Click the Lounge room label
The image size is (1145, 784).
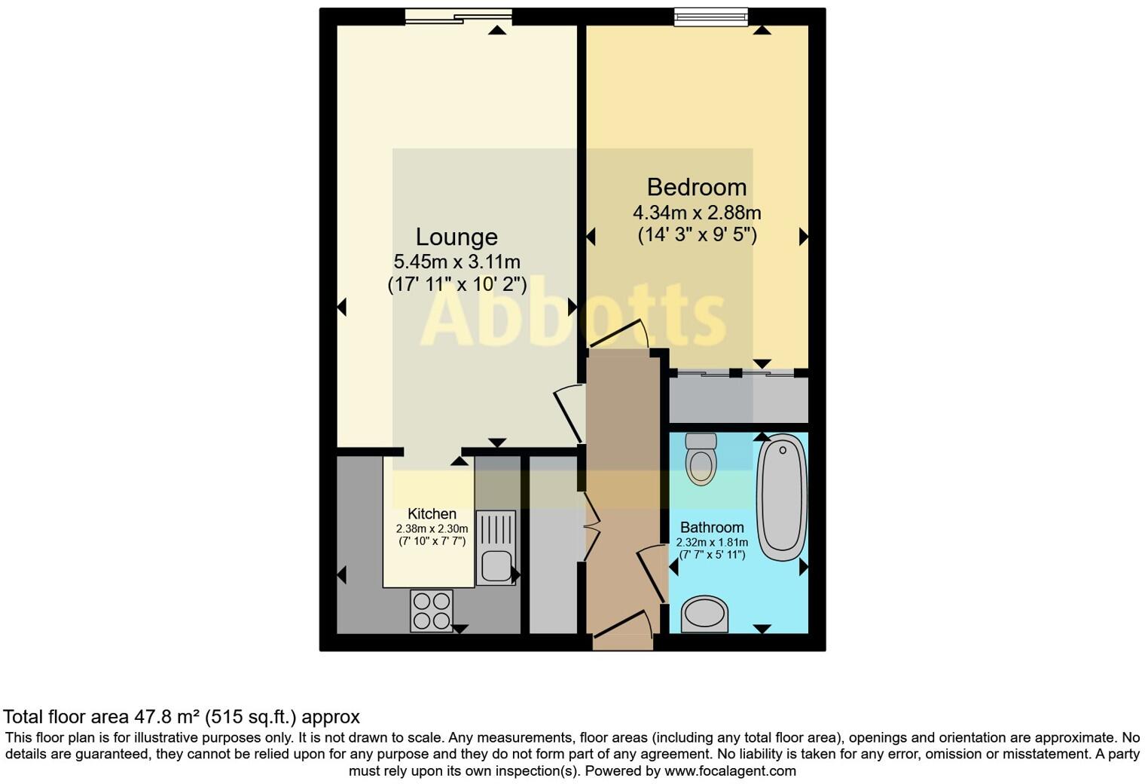(456, 237)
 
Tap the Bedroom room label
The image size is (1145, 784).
(697, 187)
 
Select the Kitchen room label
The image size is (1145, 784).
(432, 514)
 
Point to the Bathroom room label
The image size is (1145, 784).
(712, 528)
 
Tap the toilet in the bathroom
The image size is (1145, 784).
(701, 458)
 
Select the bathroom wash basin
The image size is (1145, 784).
(705, 614)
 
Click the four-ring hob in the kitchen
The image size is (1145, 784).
(432, 610)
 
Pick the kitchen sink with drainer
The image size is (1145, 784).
(496, 547)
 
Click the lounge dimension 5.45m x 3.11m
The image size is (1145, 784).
(456, 262)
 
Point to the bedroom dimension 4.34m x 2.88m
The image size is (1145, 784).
(697, 213)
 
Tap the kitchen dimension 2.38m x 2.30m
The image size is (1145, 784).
(432, 528)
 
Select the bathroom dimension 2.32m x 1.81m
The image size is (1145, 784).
(712, 542)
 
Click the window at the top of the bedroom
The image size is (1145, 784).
(710, 17)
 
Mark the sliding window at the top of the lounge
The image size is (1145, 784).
(458, 17)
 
